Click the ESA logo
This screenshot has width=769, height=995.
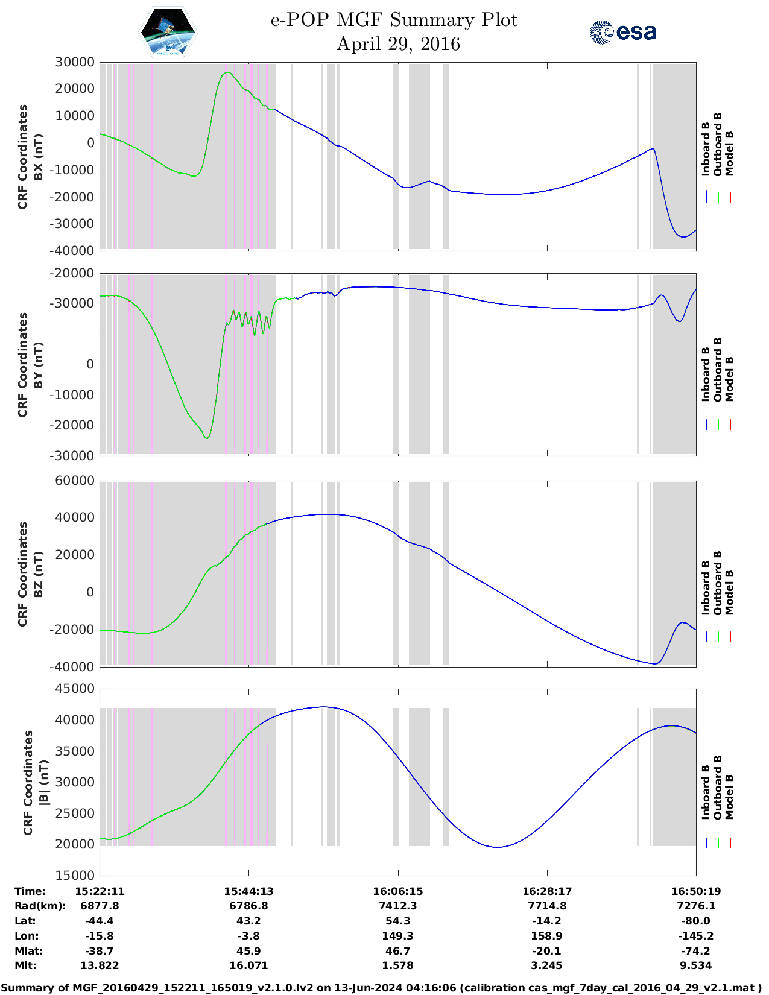click(622, 32)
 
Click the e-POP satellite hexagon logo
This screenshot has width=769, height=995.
click(168, 32)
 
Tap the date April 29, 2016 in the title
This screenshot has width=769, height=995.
click(397, 44)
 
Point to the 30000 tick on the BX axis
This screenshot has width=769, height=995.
click(75, 62)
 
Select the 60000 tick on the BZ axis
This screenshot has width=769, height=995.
click(75, 481)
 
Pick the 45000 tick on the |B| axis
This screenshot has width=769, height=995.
click(75, 689)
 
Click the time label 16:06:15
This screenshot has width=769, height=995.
click(397, 891)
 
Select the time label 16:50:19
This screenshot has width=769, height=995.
click(696, 891)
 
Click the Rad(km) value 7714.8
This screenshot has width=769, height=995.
click(546, 906)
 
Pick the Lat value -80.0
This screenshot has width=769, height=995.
click(696, 921)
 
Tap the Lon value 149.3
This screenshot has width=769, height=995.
click(397, 936)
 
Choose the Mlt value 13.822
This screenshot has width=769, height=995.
click(100, 965)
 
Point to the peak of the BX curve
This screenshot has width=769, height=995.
click(227, 72)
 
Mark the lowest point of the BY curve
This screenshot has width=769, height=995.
click(207, 438)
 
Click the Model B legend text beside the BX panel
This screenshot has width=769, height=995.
click(730, 153)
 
